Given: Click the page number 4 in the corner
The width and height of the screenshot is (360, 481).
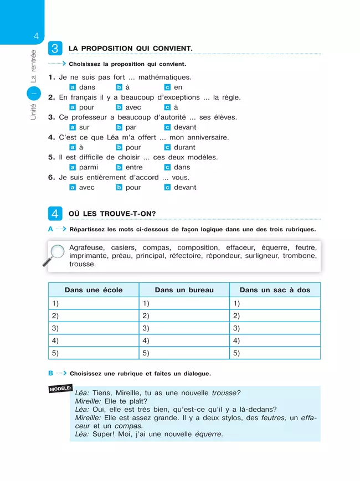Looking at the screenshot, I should coord(35,37).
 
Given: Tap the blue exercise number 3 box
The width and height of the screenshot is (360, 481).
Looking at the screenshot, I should coord(55,48).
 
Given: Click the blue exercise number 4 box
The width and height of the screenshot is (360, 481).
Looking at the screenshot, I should coord(55,214).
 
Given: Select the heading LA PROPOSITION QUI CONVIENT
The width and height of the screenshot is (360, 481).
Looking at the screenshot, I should coord(130,49).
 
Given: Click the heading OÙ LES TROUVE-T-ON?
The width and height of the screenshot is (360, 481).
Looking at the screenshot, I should coord(112,214).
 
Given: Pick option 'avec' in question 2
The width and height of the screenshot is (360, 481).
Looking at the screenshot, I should coord(133,107).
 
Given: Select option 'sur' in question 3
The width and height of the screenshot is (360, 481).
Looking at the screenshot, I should coord(84,127).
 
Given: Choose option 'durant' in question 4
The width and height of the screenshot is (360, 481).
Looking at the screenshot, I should coord(184,147).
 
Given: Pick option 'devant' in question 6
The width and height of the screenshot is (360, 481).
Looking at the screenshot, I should coord(185,188).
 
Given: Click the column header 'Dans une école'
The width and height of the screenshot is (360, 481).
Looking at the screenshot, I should coord(94,290).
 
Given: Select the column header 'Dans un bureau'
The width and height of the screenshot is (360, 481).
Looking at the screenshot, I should coord(184,290).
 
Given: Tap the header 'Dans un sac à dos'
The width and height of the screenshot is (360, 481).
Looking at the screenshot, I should coord(275,290).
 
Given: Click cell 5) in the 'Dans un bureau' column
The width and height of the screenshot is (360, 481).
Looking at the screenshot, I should coord(184,353).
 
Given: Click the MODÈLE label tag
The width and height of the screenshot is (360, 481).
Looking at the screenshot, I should coord(60,388).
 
